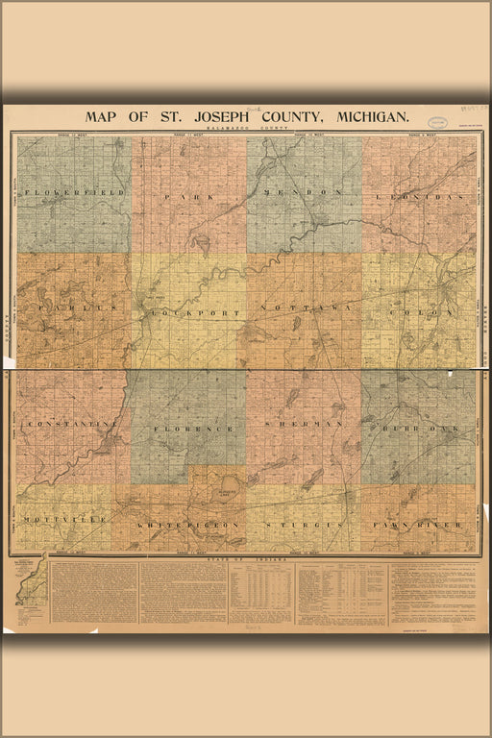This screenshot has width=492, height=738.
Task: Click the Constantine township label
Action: pyautogui.click(x=72, y=423)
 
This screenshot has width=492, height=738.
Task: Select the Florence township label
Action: pyautogui.click(x=188, y=428)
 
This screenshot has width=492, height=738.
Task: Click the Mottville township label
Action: pyautogui.click(x=62, y=525)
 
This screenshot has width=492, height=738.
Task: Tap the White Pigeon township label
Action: pyautogui.click(x=187, y=526)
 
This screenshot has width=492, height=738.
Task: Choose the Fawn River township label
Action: pyautogui.click(x=420, y=525)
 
